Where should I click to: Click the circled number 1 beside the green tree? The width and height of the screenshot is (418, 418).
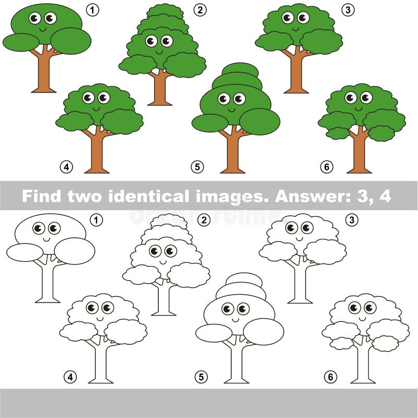click(x=92, y=10)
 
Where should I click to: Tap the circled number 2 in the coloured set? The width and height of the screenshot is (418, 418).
click(x=200, y=10)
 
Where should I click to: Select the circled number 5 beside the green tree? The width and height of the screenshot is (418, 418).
click(x=197, y=167)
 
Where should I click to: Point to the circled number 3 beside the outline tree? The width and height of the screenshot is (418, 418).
click(x=352, y=220)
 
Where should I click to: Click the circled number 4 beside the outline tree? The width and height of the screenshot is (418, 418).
click(x=69, y=377)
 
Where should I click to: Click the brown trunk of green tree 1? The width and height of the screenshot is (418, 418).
click(x=44, y=73)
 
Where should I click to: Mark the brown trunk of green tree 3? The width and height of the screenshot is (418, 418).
click(x=297, y=73)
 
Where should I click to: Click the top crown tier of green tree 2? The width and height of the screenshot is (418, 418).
click(x=165, y=10)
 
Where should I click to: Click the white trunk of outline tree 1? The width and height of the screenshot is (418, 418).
click(x=48, y=282)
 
